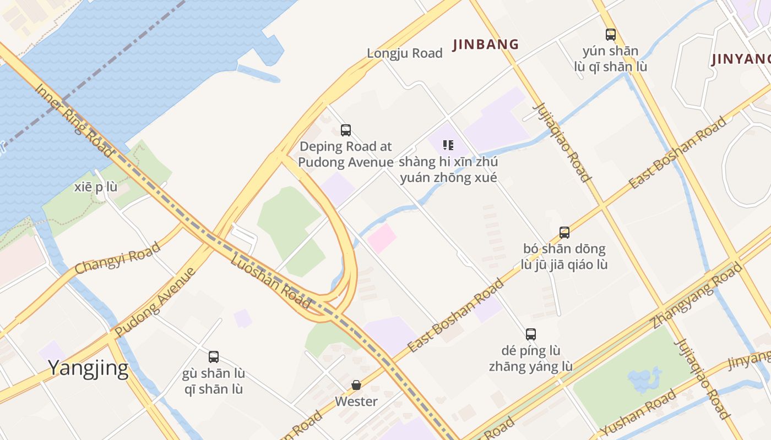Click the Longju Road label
[x=405, y=53]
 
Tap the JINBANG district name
[x=486, y=45]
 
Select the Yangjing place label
[x=88, y=368]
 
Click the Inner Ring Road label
[x=74, y=120]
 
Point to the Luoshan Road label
[x=270, y=280]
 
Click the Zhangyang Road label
[x=696, y=295]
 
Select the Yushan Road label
[x=638, y=413]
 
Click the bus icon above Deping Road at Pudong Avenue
[x=346, y=130]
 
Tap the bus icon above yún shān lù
[x=611, y=35]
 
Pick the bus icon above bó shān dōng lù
[x=564, y=232]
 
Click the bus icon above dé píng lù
[x=531, y=334]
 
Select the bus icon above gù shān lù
[x=214, y=356]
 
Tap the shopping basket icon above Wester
[x=356, y=385]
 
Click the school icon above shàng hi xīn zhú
[x=448, y=145]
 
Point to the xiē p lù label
[x=96, y=187]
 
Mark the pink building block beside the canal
[x=381, y=238]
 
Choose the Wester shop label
[x=356, y=402]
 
